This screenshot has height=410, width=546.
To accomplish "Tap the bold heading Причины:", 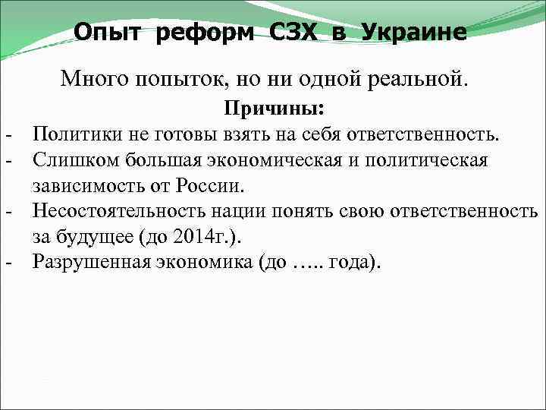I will pos(275,109).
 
